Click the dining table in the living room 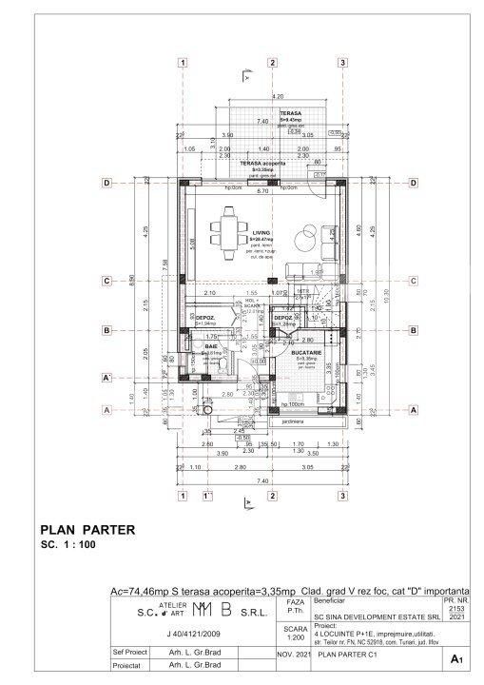pos(231,231)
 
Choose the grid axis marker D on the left pos(107,183)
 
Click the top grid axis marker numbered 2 pos(272,64)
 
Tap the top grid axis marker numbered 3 pos(341,64)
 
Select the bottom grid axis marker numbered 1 pos(181,494)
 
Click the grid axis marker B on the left pos(107,330)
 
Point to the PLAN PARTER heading pos(87,530)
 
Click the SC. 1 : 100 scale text pos(68,547)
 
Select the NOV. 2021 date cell pos(293,656)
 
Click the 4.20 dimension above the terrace pos(278,98)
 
